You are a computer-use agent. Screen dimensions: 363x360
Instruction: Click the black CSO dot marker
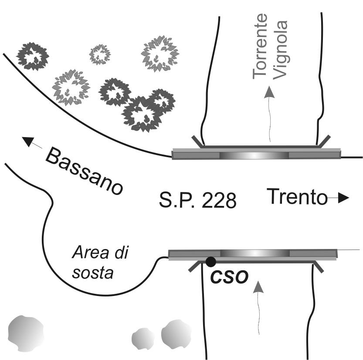210,262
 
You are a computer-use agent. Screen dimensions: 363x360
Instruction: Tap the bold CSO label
229,276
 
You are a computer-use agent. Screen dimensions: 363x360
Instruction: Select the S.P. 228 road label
198,200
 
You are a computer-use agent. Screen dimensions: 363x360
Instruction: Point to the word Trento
297,197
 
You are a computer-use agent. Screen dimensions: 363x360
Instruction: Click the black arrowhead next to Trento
343,198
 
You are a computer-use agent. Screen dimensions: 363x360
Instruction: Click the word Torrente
260,46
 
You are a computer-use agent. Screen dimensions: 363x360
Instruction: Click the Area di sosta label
100,262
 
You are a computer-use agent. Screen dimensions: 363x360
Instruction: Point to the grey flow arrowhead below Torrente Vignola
269,92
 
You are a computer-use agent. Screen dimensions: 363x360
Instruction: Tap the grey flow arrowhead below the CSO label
258,287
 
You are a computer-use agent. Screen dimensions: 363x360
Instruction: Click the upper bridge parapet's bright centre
254,155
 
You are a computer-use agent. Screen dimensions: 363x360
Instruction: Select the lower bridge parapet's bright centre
255,253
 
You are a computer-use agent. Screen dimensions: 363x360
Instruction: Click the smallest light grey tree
100,54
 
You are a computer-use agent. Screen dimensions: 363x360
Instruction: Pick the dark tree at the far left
32,56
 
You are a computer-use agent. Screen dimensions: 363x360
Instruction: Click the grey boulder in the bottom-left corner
26,333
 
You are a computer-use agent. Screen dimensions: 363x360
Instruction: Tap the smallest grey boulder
142,339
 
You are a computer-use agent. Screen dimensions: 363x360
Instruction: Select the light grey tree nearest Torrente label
160,54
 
